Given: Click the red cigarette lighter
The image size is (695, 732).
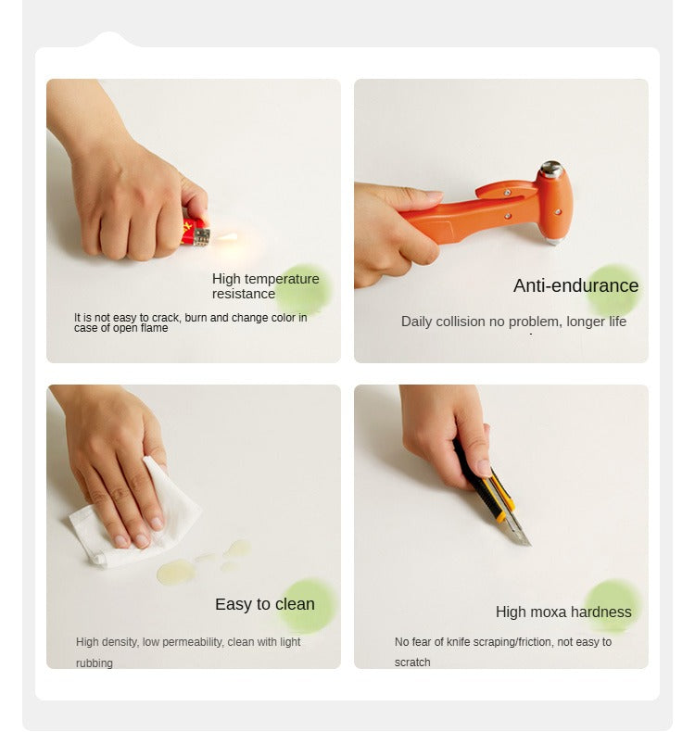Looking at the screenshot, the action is point(196,232).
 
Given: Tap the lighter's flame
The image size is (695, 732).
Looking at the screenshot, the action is point(227,237).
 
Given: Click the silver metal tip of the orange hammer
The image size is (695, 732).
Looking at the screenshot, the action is point(550,169).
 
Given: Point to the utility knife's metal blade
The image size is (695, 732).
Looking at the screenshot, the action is point(519,530).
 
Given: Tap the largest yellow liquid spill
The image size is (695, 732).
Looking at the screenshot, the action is point(176,572).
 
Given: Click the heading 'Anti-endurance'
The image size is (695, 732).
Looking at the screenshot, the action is point(575,285).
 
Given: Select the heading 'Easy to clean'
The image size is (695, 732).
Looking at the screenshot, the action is point(265,604).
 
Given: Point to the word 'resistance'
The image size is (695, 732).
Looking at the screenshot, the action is point(244,294).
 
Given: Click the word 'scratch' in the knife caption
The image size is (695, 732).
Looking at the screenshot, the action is point(412,663).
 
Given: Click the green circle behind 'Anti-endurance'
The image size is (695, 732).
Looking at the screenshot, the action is point(613,290).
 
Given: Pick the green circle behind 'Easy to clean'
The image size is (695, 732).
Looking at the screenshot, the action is point(306,606).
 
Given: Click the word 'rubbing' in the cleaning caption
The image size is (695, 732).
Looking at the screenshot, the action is point(95,663).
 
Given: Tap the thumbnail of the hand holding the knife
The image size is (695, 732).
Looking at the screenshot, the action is point(500,526).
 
